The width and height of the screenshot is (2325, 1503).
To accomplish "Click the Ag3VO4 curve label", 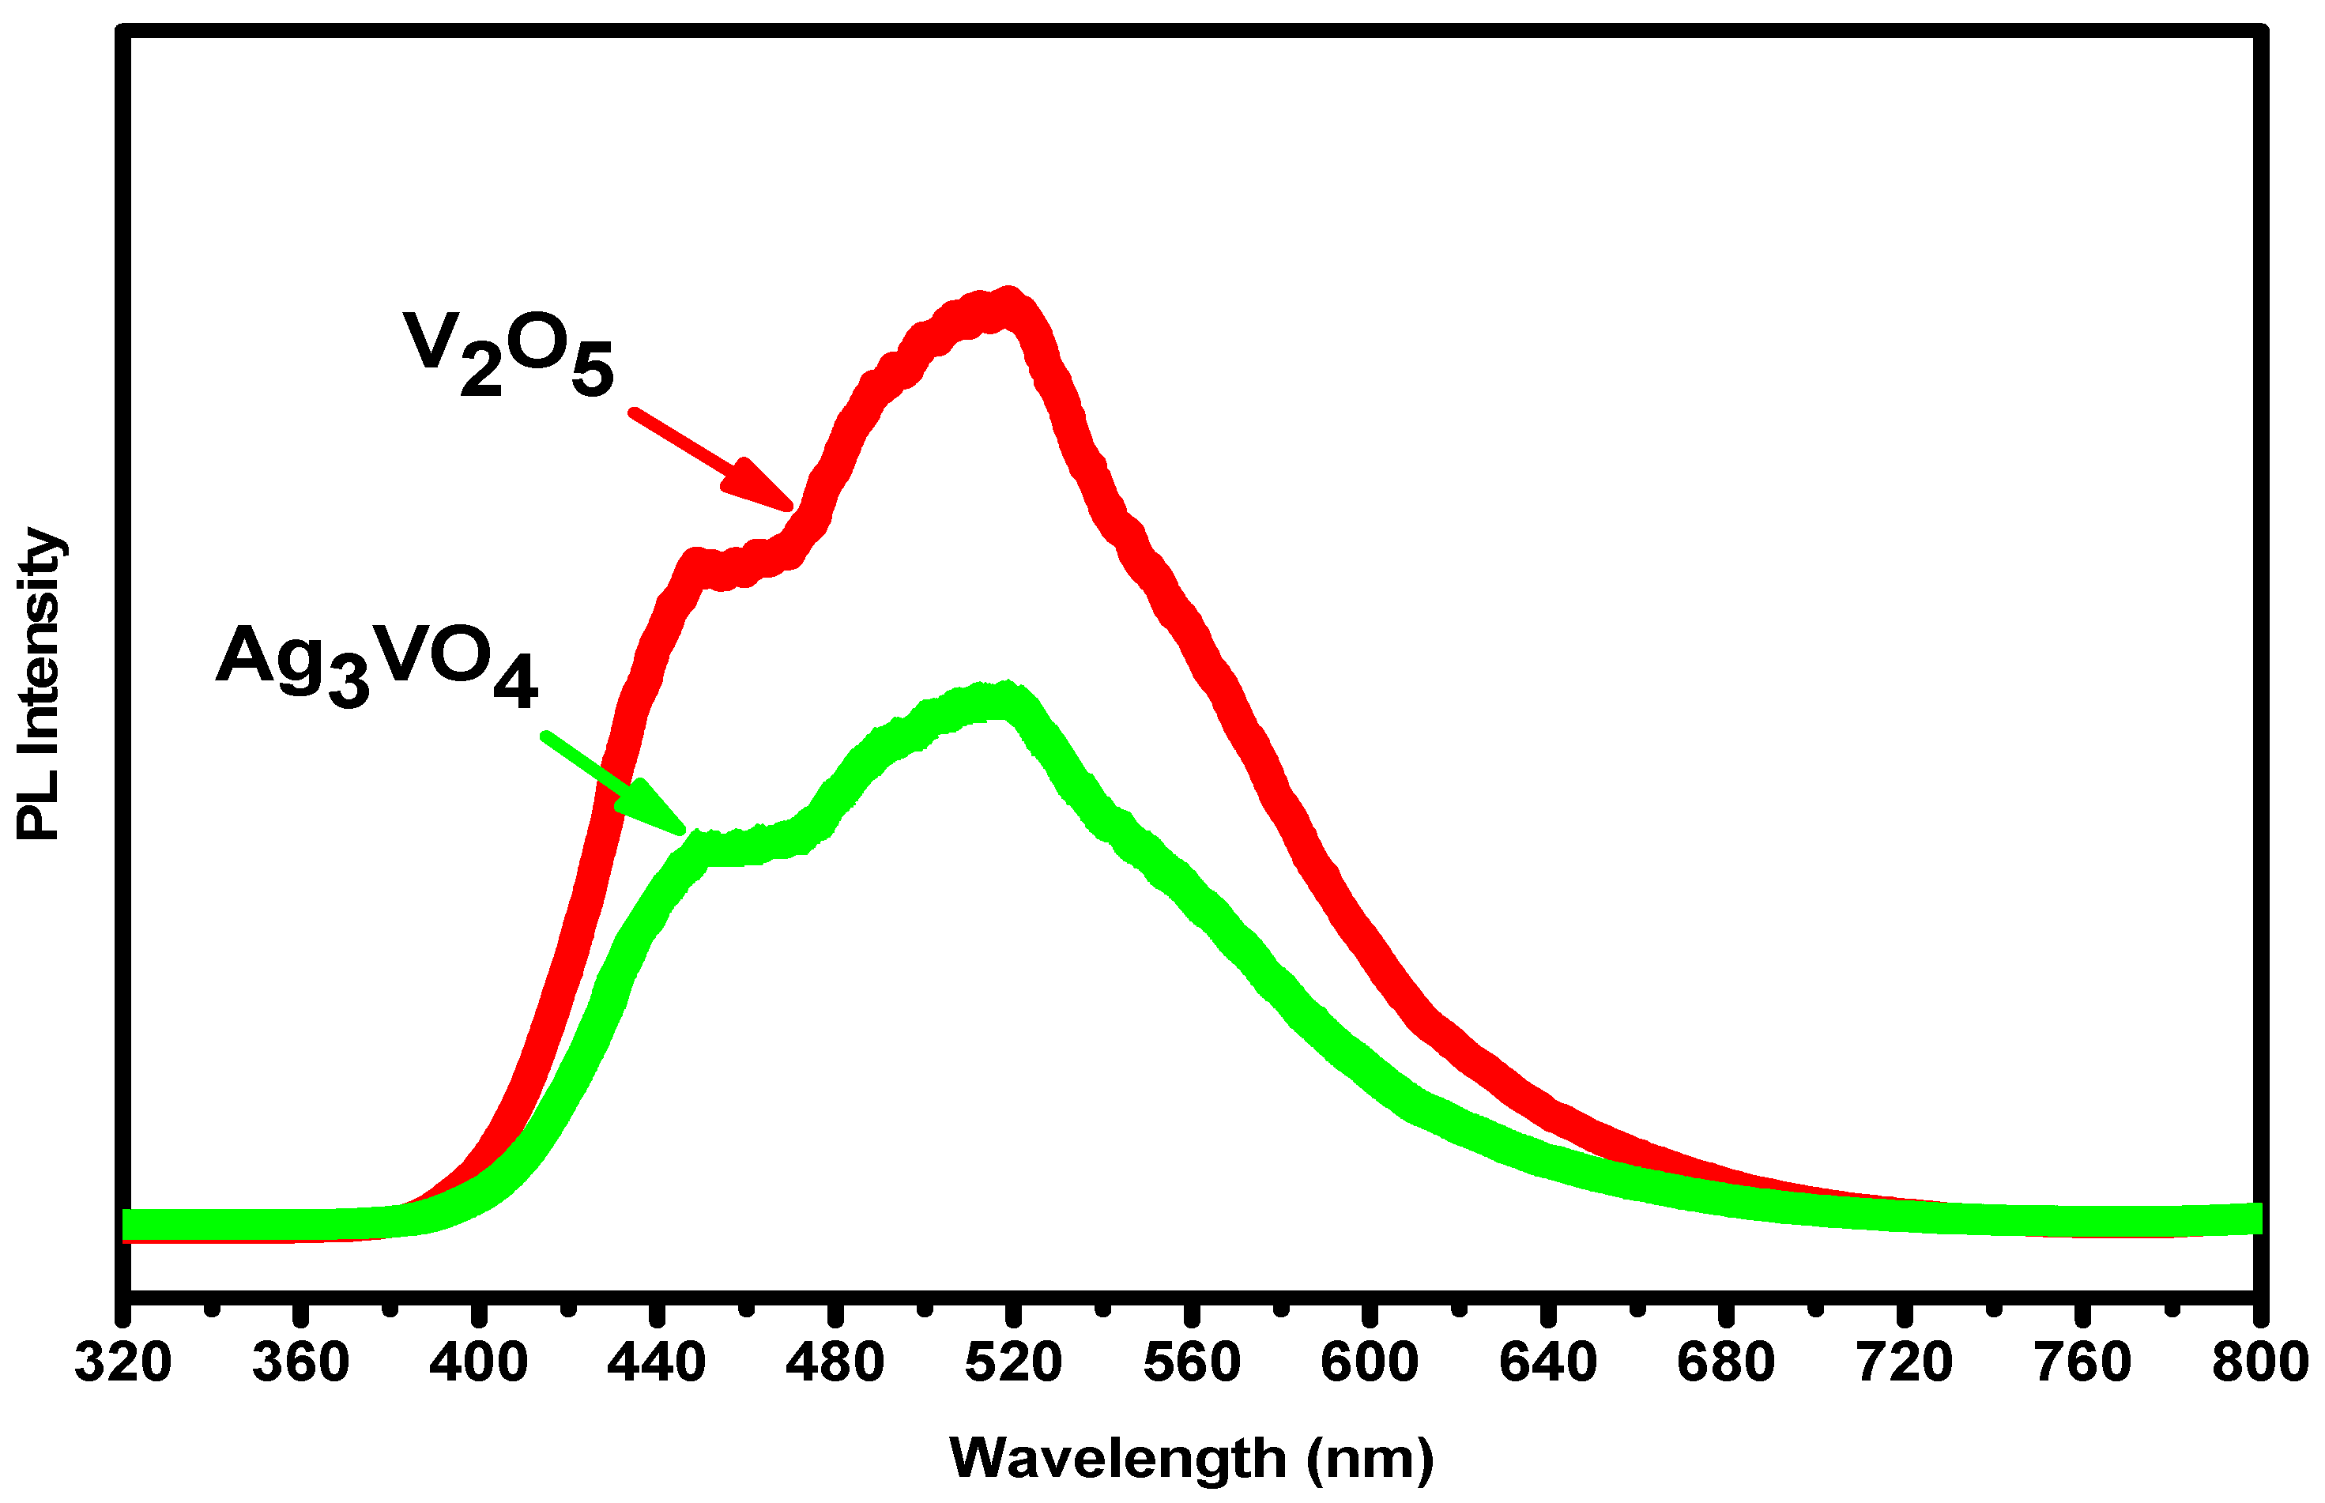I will pos(376,664).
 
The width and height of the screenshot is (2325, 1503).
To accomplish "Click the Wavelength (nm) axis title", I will pos(1191,1458).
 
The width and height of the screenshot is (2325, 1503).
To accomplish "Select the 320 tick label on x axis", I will pos(123,1362).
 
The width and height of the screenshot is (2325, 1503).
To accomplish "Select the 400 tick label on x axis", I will pos(478,1362).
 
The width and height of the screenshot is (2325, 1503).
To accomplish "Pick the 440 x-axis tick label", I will pos(656,1362).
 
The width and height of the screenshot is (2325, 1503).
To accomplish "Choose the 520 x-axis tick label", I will pos(1013,1362).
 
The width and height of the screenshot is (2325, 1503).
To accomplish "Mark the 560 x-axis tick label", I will pos(1191,1362).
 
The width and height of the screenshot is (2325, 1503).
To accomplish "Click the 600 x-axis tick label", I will pos(1369,1362).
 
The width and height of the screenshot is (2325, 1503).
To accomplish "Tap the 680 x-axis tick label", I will pos(1726,1362).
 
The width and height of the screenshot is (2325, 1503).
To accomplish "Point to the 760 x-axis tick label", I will pos(2082,1362).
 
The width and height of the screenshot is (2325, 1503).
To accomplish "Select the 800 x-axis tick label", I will pos(2259,1362).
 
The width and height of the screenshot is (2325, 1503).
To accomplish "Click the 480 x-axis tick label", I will pos(835,1362).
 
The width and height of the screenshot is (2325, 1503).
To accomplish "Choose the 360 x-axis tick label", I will pos(300,1362).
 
